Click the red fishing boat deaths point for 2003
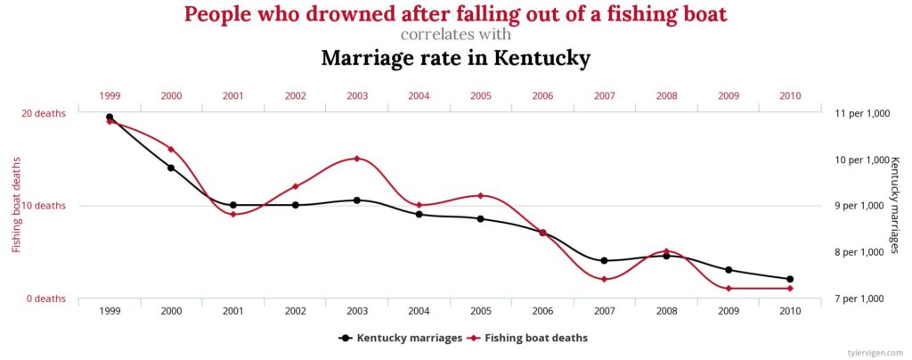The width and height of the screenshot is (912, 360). [356, 159]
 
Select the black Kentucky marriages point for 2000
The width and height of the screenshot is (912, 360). [171, 168]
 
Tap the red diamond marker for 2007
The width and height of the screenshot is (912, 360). [604, 279]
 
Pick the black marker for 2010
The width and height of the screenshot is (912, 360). [790, 279]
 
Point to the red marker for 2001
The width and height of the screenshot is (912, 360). [232, 214]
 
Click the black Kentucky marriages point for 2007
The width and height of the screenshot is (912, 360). [604, 260]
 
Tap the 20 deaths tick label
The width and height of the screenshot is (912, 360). [44, 113]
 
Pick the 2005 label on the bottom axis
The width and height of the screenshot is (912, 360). [481, 311]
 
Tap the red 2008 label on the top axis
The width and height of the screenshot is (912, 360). [666, 95]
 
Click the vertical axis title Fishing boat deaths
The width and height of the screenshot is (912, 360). [16, 205]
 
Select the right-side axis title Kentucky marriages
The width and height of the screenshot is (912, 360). [895, 205]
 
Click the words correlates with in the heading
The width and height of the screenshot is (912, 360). [455, 35]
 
